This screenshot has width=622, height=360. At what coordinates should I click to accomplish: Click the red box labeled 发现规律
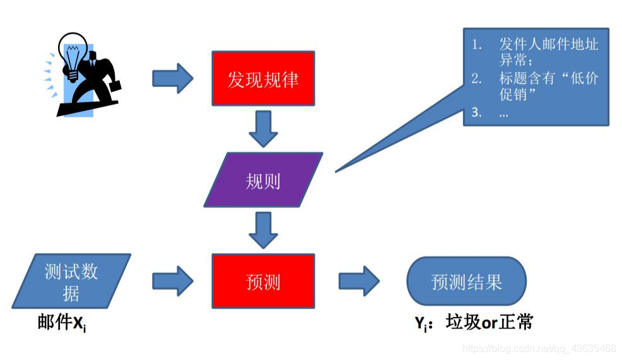262,79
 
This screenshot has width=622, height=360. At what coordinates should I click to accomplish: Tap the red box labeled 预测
262,281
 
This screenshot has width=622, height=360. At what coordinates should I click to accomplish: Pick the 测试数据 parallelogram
71,281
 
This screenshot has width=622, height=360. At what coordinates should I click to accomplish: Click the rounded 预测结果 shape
466,281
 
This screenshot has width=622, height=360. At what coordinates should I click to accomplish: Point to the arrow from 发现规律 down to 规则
263,129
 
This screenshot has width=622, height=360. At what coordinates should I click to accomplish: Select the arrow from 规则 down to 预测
263,229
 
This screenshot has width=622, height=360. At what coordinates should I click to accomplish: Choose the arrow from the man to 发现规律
172,78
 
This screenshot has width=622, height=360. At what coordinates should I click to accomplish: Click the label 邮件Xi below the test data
61,323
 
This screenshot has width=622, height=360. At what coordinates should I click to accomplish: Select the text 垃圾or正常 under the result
490,322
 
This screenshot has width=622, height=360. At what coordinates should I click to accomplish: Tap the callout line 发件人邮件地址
548,45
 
